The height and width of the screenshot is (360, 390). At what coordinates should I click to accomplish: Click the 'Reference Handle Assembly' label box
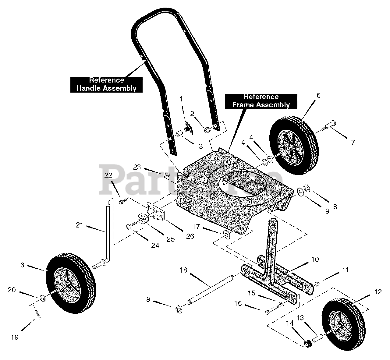106,84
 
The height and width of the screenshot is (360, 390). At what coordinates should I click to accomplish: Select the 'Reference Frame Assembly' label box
261,101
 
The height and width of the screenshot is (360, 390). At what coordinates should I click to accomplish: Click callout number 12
378,292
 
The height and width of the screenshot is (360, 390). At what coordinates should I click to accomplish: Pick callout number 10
315,259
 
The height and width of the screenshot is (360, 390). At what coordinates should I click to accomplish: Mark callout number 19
15,337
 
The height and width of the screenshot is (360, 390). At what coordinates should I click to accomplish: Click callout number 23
137,167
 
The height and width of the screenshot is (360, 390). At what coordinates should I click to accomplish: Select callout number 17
196,226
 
